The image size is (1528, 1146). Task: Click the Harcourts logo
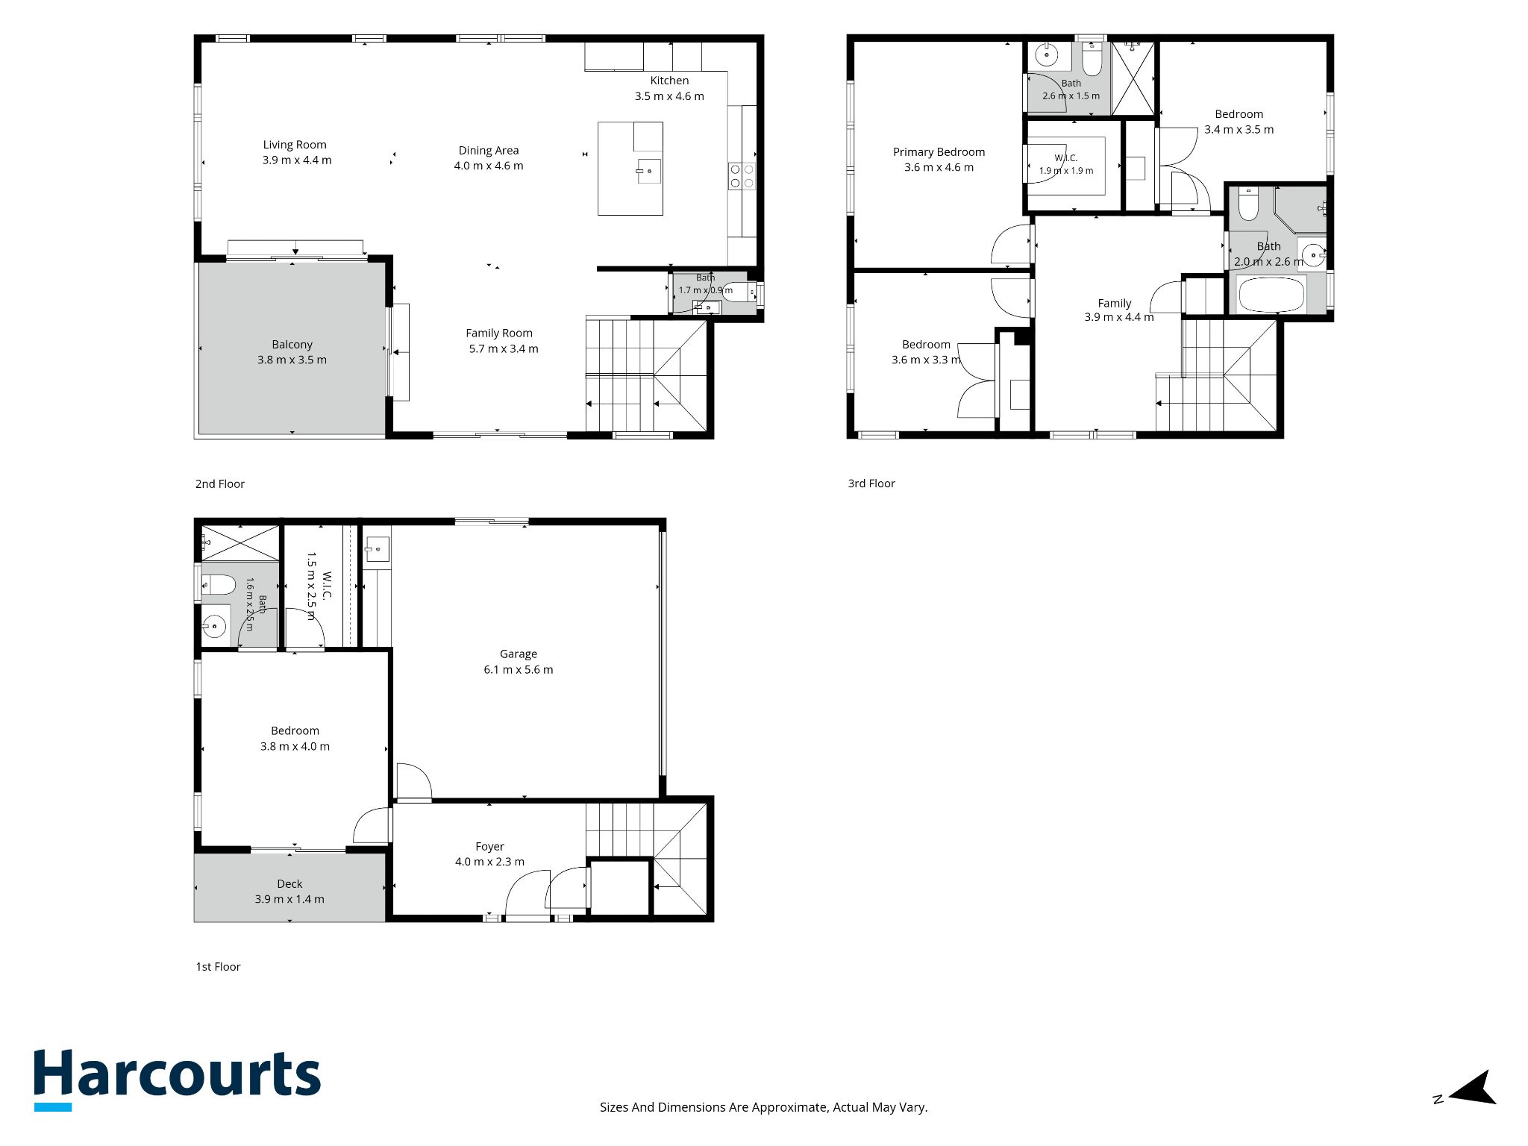click(x=178, y=1079)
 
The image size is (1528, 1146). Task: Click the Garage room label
click(x=519, y=654)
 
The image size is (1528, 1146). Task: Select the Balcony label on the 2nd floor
click(x=292, y=344)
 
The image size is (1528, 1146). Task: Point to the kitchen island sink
click(x=648, y=171)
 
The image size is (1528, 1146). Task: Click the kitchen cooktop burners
click(x=742, y=176)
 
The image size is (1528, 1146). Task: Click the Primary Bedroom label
click(x=939, y=151)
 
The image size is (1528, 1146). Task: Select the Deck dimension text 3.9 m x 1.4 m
click(x=289, y=899)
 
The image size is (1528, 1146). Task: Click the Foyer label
click(x=489, y=846)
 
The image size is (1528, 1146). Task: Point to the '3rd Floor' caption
click(x=871, y=483)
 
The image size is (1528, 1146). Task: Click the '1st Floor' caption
click(x=218, y=966)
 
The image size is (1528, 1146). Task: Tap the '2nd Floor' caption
click(x=220, y=483)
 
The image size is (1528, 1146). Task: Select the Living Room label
click(x=295, y=145)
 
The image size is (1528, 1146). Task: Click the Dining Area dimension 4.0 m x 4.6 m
click(x=489, y=166)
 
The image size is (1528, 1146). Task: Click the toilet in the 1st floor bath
click(x=219, y=584)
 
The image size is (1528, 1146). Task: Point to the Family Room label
click(x=499, y=333)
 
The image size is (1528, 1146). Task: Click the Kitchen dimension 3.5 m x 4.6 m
click(x=669, y=96)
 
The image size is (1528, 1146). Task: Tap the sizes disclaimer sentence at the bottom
click(x=764, y=1107)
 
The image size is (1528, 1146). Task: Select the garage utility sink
click(x=377, y=551)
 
